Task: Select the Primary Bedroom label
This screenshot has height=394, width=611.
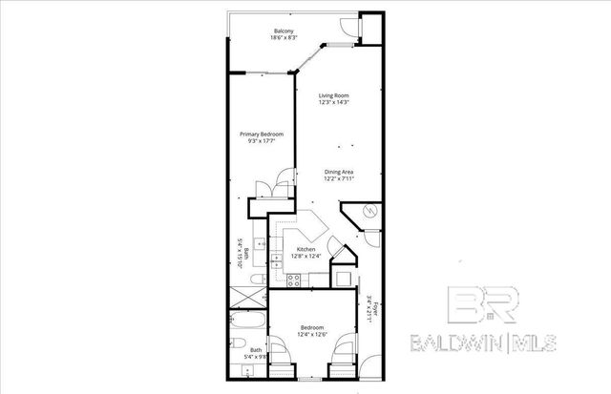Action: click(262, 135)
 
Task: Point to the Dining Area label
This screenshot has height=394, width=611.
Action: click(340, 172)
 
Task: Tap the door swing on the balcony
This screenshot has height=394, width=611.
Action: click(350, 30)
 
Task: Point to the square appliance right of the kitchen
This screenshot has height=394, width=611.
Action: click(342, 275)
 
